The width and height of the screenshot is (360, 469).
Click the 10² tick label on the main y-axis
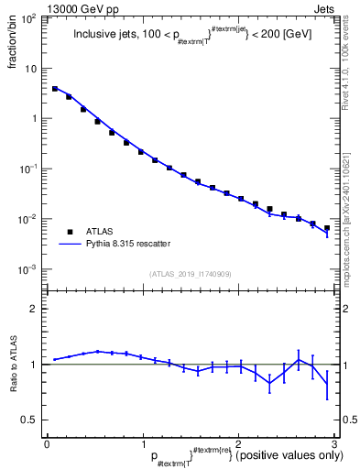pos(29,18)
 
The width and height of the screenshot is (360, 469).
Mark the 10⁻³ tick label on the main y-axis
pos(29,269)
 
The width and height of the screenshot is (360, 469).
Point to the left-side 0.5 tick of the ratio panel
pos(32,420)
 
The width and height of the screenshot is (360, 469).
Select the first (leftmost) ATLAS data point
pos(55,89)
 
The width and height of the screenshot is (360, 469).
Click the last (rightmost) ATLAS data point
pos(326,228)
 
